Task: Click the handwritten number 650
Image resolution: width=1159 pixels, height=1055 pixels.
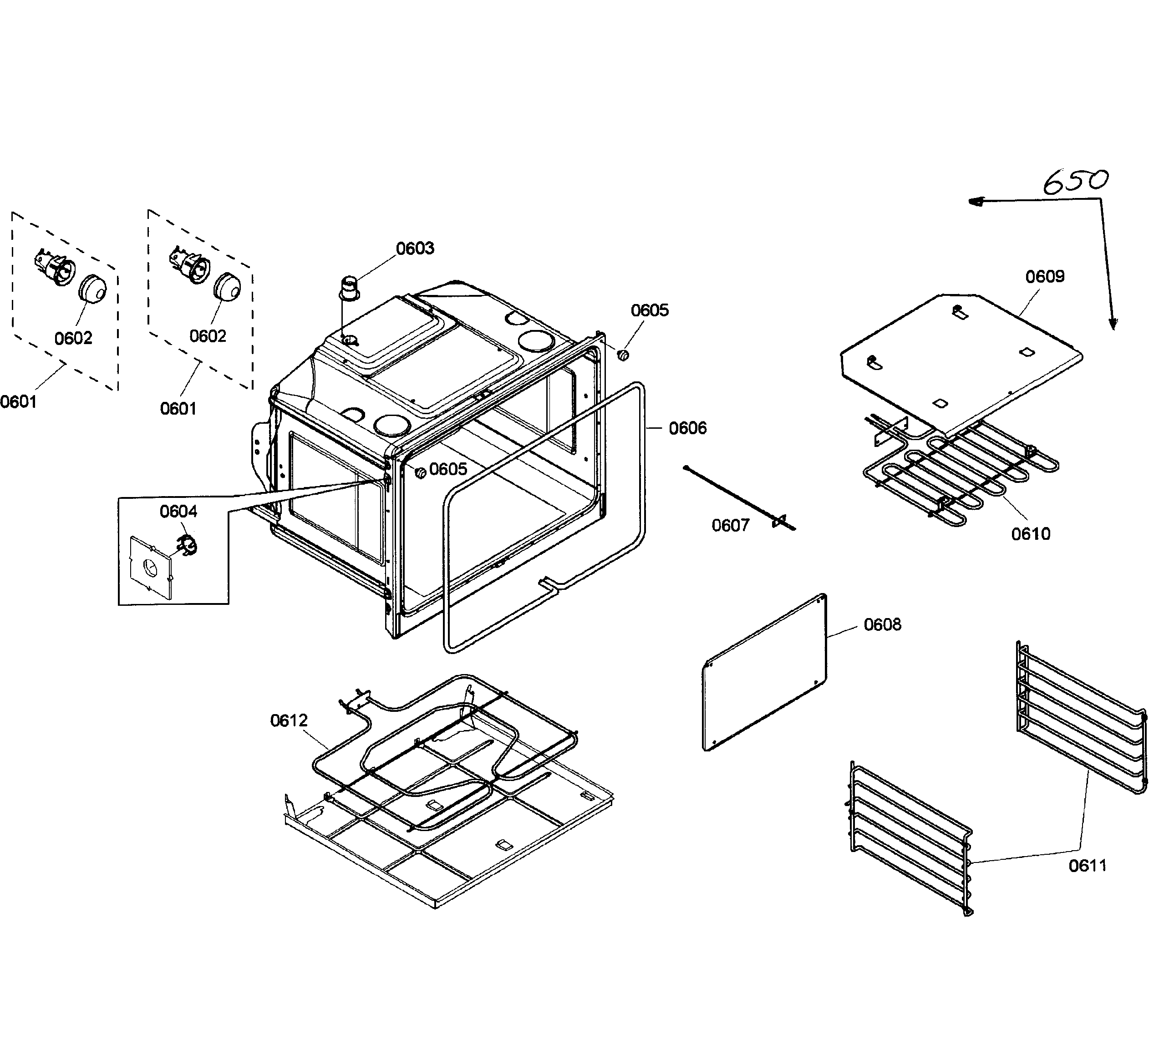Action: tap(1075, 181)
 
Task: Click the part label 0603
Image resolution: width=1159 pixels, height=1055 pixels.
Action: tap(415, 249)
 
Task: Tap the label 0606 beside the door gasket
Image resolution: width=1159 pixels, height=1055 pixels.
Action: tap(687, 428)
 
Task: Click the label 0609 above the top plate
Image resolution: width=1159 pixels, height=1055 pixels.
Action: tap(1045, 277)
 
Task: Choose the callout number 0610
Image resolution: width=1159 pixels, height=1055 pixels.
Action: tap(1030, 534)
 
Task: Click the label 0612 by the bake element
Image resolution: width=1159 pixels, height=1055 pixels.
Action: tap(289, 720)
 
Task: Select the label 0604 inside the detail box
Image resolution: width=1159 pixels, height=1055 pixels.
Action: tap(178, 511)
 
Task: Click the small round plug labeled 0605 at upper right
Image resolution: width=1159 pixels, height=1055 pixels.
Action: tap(623, 355)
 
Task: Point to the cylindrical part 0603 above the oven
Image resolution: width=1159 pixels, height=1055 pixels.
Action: tap(348, 288)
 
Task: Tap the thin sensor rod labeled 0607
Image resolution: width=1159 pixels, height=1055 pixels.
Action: tap(739, 498)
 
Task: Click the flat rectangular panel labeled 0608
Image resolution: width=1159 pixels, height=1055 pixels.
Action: tap(765, 673)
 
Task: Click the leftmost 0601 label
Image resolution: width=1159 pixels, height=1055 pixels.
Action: tap(18, 402)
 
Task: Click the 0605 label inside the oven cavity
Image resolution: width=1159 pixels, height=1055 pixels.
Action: tap(448, 469)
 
